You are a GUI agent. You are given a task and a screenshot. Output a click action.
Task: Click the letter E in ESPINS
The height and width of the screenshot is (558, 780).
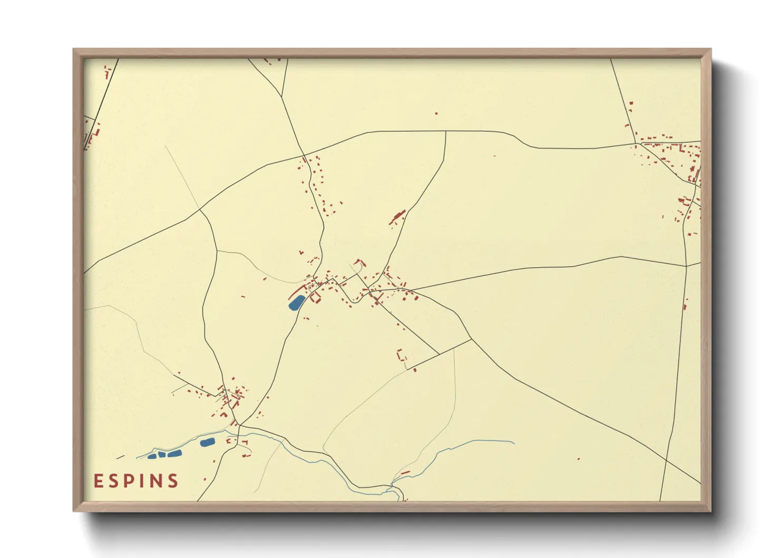pos(98,481)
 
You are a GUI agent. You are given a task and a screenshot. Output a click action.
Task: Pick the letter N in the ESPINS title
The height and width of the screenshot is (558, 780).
pos(154,481)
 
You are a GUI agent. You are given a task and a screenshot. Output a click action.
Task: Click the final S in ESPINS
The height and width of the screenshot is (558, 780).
pos(172,481)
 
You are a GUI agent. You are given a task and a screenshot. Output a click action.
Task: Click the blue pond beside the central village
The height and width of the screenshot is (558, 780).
pos(296,303)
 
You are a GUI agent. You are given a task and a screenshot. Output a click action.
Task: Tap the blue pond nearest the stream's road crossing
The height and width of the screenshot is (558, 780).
pos(207,442)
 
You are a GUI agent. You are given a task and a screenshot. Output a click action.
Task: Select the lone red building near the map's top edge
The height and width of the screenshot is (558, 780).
pos(436,113)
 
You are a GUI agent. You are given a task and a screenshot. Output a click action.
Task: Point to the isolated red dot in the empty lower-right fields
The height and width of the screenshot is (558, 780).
pos(578,459)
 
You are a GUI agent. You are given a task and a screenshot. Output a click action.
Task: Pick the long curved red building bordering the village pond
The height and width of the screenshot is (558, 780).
pos(298,291)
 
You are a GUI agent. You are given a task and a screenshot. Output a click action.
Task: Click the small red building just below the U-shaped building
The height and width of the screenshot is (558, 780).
pos(415,370)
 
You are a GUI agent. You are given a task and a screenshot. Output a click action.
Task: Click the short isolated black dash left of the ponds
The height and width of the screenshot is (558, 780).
pos(120,457)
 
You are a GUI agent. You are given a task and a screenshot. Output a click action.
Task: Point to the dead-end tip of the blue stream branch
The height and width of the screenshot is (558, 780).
pos(514,443)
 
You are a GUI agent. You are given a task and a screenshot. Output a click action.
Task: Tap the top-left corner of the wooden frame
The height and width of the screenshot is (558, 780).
pos(74,49)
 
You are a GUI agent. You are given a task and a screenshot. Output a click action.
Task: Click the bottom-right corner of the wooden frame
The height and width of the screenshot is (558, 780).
pos(710,511)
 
